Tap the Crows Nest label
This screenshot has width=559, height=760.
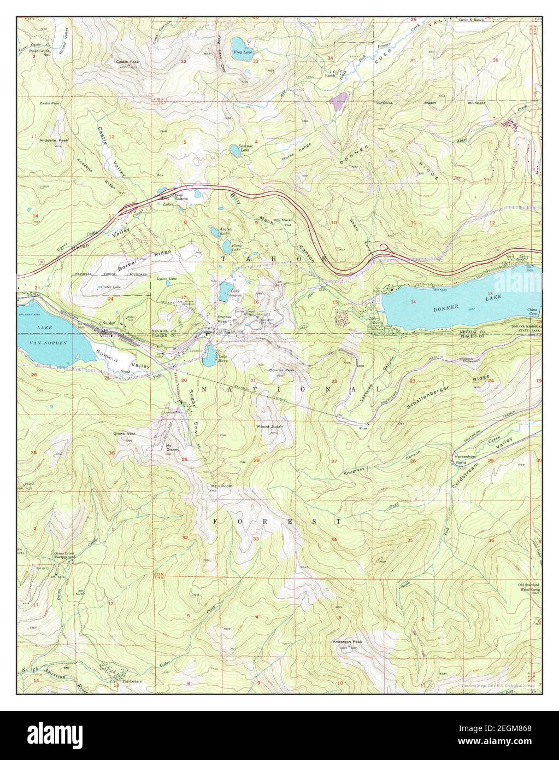click(124, 434)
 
